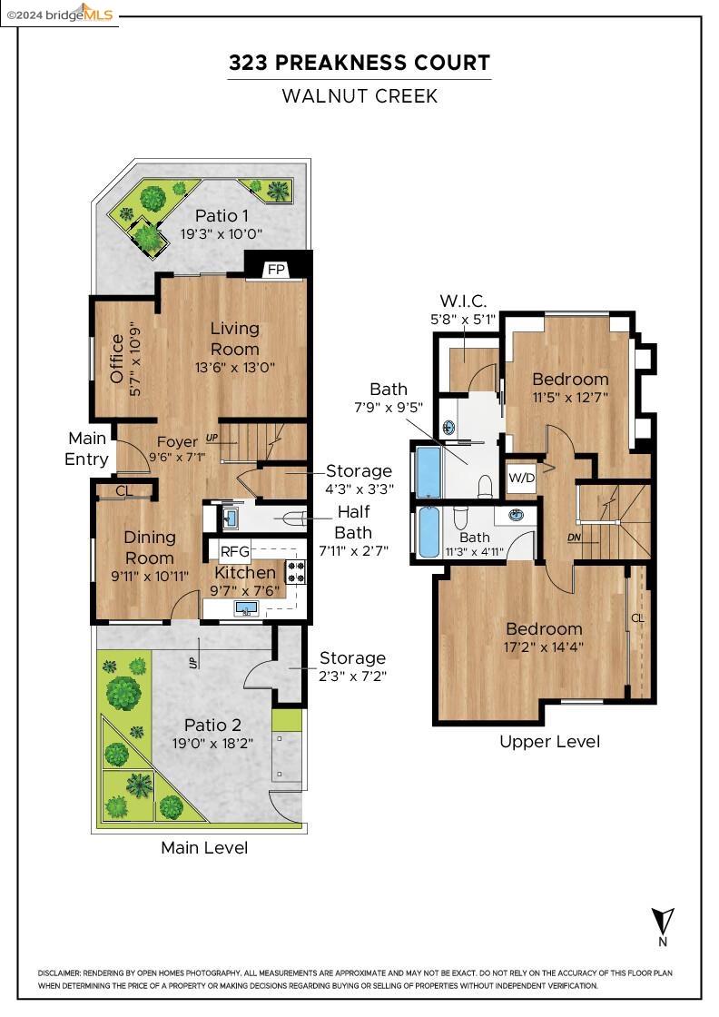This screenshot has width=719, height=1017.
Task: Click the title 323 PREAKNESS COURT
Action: tap(359, 63)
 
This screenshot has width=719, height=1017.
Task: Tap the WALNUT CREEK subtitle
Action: tap(359, 95)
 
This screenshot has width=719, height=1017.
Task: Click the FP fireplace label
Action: tap(276, 270)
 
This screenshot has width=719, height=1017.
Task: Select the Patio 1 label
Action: tap(222, 215)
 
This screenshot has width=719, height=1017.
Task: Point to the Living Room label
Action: tap(235, 338)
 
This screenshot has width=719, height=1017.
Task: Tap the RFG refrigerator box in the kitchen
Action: tap(234, 551)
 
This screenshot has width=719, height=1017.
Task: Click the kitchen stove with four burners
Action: tap(296, 571)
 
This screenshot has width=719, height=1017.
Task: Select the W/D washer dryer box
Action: tap(521, 478)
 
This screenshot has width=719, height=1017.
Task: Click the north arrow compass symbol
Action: tap(664, 920)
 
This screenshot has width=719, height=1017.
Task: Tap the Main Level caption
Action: tap(204, 847)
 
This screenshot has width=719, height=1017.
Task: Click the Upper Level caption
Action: tap(549, 741)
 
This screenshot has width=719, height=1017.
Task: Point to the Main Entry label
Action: tap(87, 449)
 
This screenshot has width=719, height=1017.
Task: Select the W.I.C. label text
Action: tap(463, 301)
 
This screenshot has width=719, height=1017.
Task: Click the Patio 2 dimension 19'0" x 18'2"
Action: tap(212, 742)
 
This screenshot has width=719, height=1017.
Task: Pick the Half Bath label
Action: tap(353, 521)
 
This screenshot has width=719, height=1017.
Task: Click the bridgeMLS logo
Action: tap(60, 13)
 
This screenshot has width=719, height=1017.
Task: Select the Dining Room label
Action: tap(150, 548)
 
